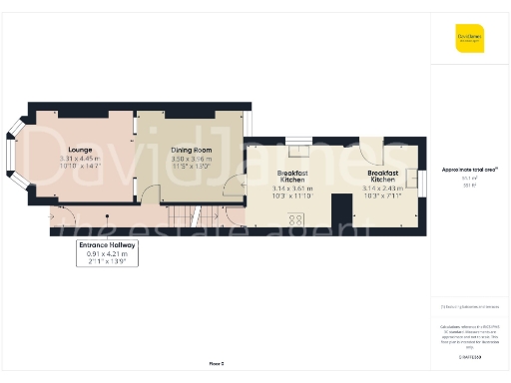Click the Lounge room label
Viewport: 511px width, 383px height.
tap(81, 150)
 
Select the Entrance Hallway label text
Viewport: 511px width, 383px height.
tap(108, 244)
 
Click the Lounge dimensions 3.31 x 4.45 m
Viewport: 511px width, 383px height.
tap(81, 159)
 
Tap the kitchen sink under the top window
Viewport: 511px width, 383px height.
tap(298, 151)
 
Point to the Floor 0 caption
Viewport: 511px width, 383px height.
tap(216, 363)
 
